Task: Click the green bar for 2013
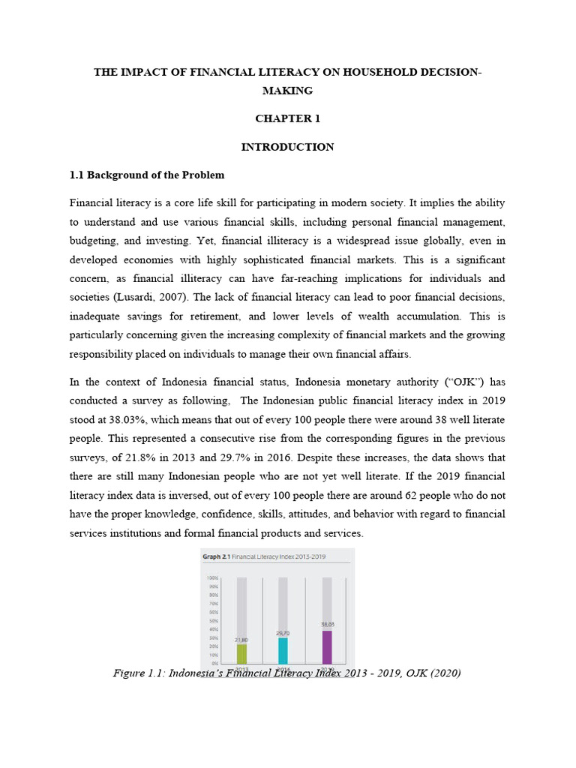241,653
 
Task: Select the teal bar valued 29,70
283,650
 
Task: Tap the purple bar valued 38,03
326,646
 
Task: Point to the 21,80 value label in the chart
241,639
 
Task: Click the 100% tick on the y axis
212,578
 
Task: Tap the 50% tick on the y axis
213,621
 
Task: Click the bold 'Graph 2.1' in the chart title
215,557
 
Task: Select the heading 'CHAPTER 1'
287,118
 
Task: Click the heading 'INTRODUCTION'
287,147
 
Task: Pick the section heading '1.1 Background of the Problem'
147,175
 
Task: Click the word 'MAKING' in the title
287,91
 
